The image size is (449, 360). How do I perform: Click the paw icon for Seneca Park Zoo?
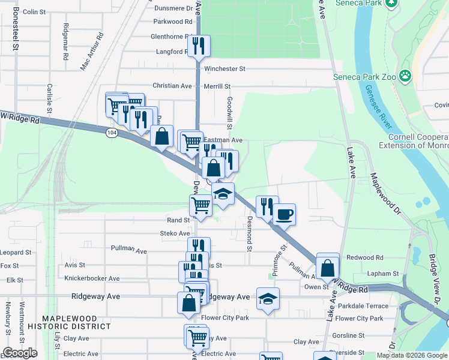tap(406, 76)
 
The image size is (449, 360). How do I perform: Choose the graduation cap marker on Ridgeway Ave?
tap(268, 299)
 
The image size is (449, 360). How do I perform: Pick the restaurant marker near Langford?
tap(198, 46)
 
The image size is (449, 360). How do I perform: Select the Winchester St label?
tap(224, 69)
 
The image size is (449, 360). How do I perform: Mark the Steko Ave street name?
tap(175, 233)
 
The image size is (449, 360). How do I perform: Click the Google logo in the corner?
tap(20, 353)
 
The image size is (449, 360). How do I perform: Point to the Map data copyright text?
tap(412, 355)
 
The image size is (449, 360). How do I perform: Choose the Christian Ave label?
tap(172, 86)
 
